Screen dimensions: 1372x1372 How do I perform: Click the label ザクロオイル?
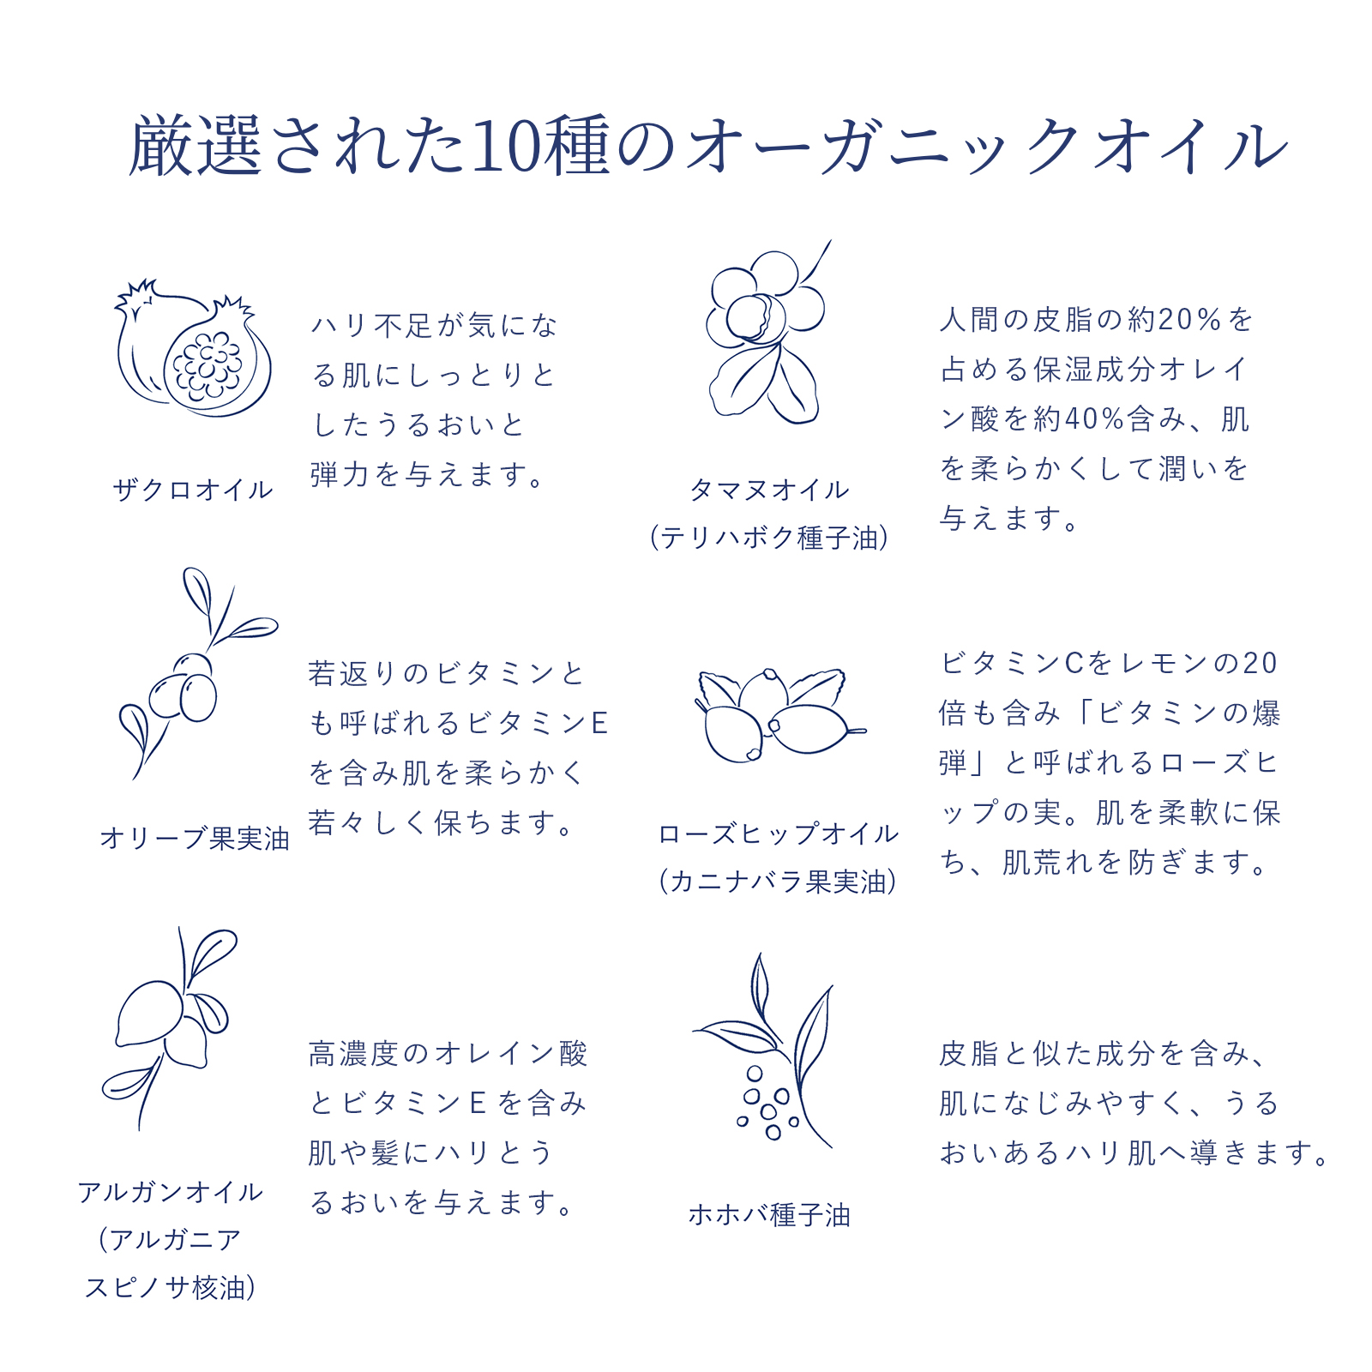[193, 490]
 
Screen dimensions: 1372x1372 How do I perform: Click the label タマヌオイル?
[769, 490]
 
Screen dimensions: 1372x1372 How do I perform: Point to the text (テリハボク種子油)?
[769, 538]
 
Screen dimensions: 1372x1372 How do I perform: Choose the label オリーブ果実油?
[194, 838]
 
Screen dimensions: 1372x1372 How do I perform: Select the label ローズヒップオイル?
[778, 833]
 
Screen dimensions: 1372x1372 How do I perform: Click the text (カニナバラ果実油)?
[778, 882]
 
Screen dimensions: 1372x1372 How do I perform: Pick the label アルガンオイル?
[170, 1192]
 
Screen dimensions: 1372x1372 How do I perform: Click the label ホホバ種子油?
[769, 1215]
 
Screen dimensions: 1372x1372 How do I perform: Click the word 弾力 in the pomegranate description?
[340, 474]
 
